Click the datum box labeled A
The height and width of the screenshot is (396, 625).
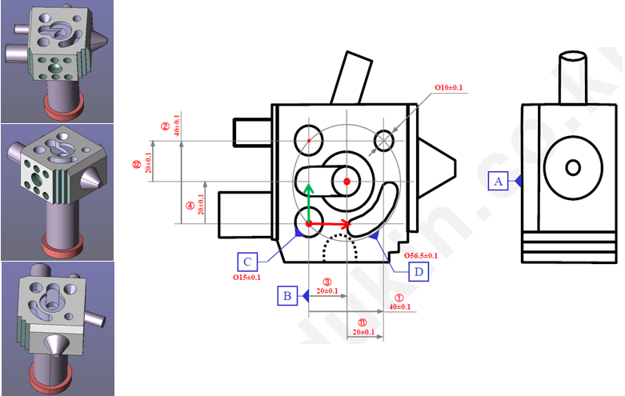click(499, 182)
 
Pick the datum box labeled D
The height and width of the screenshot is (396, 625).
click(417, 272)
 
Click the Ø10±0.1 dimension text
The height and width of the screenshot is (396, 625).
click(448, 87)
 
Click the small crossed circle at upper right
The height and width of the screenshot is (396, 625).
click(384, 140)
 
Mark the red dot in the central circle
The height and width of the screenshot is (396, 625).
click(347, 182)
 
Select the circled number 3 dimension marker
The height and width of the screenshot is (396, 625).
click(327, 282)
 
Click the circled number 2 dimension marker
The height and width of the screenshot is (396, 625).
click(165, 126)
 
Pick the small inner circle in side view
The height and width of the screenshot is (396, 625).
click(572, 167)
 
